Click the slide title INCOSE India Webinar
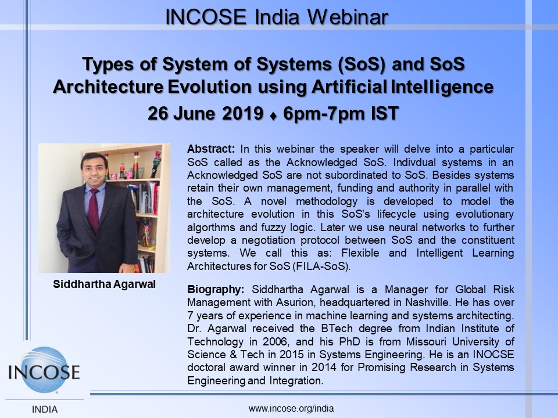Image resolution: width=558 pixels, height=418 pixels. [x=277, y=17]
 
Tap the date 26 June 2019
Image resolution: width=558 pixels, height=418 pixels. [x=205, y=113]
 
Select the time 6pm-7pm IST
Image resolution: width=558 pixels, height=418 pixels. [x=341, y=113]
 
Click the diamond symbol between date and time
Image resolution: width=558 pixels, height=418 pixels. [x=273, y=116]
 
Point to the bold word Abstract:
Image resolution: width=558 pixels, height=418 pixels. [x=211, y=149]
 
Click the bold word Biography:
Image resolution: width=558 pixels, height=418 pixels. [x=216, y=290]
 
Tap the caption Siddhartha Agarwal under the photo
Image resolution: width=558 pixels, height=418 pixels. [x=104, y=284]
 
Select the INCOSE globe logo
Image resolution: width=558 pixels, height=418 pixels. [x=44, y=370]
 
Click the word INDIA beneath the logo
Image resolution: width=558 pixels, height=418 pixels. [x=45, y=409]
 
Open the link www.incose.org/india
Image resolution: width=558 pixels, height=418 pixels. [x=291, y=409]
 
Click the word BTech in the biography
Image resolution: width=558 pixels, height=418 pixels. [x=337, y=328]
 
